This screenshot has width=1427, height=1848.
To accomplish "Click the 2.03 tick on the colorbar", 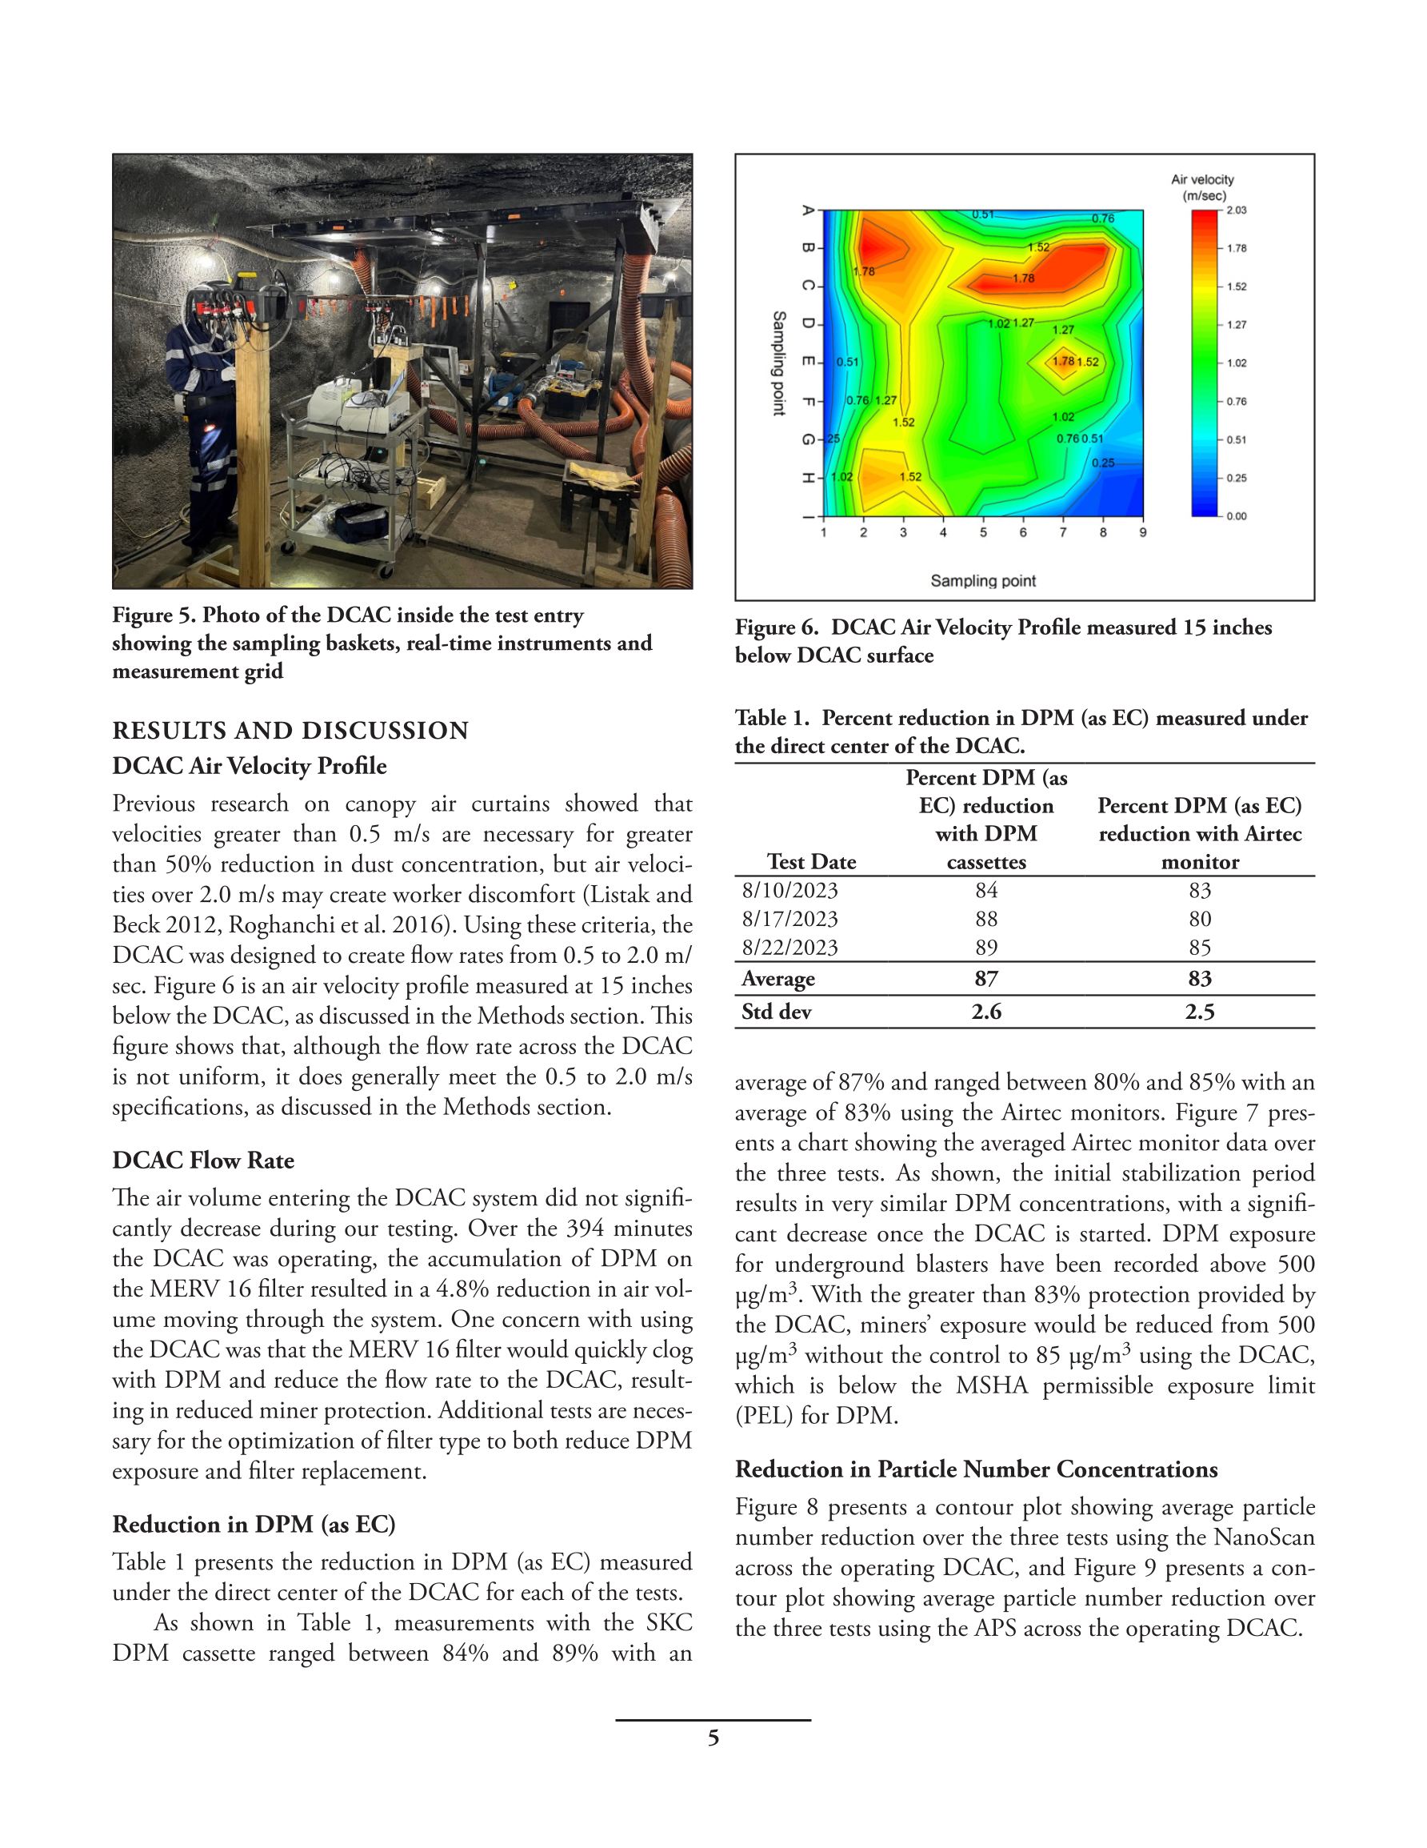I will [1236, 210].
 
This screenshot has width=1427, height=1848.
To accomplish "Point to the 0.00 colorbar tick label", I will [1236, 516].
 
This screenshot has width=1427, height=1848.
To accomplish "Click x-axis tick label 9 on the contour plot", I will [1143, 532].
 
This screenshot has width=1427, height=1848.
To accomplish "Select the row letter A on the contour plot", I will [809, 210].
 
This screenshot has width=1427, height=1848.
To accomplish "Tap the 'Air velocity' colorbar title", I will [1202, 179].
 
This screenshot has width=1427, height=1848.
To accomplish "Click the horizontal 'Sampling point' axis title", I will [983, 580].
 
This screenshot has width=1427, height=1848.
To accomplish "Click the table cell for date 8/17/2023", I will [790, 919].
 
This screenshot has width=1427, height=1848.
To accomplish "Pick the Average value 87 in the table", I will [986, 979].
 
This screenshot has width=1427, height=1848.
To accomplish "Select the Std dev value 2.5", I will [1200, 1012].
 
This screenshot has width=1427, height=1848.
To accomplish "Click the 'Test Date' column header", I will [811, 862].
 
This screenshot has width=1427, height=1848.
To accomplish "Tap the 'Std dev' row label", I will [777, 1012].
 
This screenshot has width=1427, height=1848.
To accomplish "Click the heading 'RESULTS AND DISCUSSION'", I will [290, 730].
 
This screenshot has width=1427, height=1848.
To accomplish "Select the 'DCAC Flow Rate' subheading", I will [203, 1160].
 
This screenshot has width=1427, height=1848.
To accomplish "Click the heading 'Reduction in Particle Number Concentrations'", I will [976, 1469].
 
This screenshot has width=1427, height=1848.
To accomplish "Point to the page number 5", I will [713, 1738].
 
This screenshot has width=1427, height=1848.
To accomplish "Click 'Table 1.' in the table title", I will [772, 718].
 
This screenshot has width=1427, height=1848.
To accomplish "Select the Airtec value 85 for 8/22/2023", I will [1200, 948].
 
